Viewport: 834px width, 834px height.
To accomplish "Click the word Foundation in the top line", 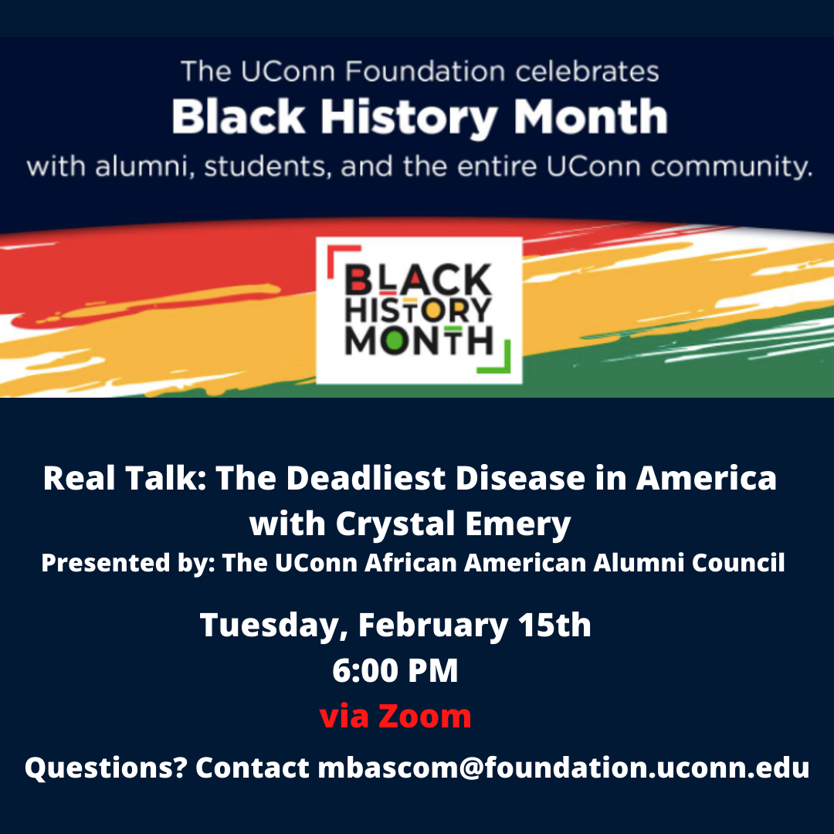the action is point(425,71).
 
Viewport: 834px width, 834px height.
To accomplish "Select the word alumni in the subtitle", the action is point(144,167).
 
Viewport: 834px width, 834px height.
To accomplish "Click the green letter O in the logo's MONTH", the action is point(395,341).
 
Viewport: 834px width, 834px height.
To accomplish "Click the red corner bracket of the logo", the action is point(344,261).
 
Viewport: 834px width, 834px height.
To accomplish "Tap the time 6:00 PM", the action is point(395,670).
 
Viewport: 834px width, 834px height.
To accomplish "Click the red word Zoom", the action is point(425,716).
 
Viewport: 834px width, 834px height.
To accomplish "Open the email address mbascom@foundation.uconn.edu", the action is point(564,768).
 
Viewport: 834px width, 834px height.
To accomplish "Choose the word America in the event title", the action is point(707,478).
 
